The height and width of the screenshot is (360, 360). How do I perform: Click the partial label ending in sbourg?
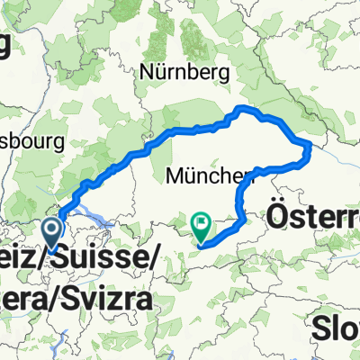[31, 141]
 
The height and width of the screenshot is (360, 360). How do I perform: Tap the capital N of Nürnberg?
[146, 69]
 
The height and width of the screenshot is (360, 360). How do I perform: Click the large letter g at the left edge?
[6, 45]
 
